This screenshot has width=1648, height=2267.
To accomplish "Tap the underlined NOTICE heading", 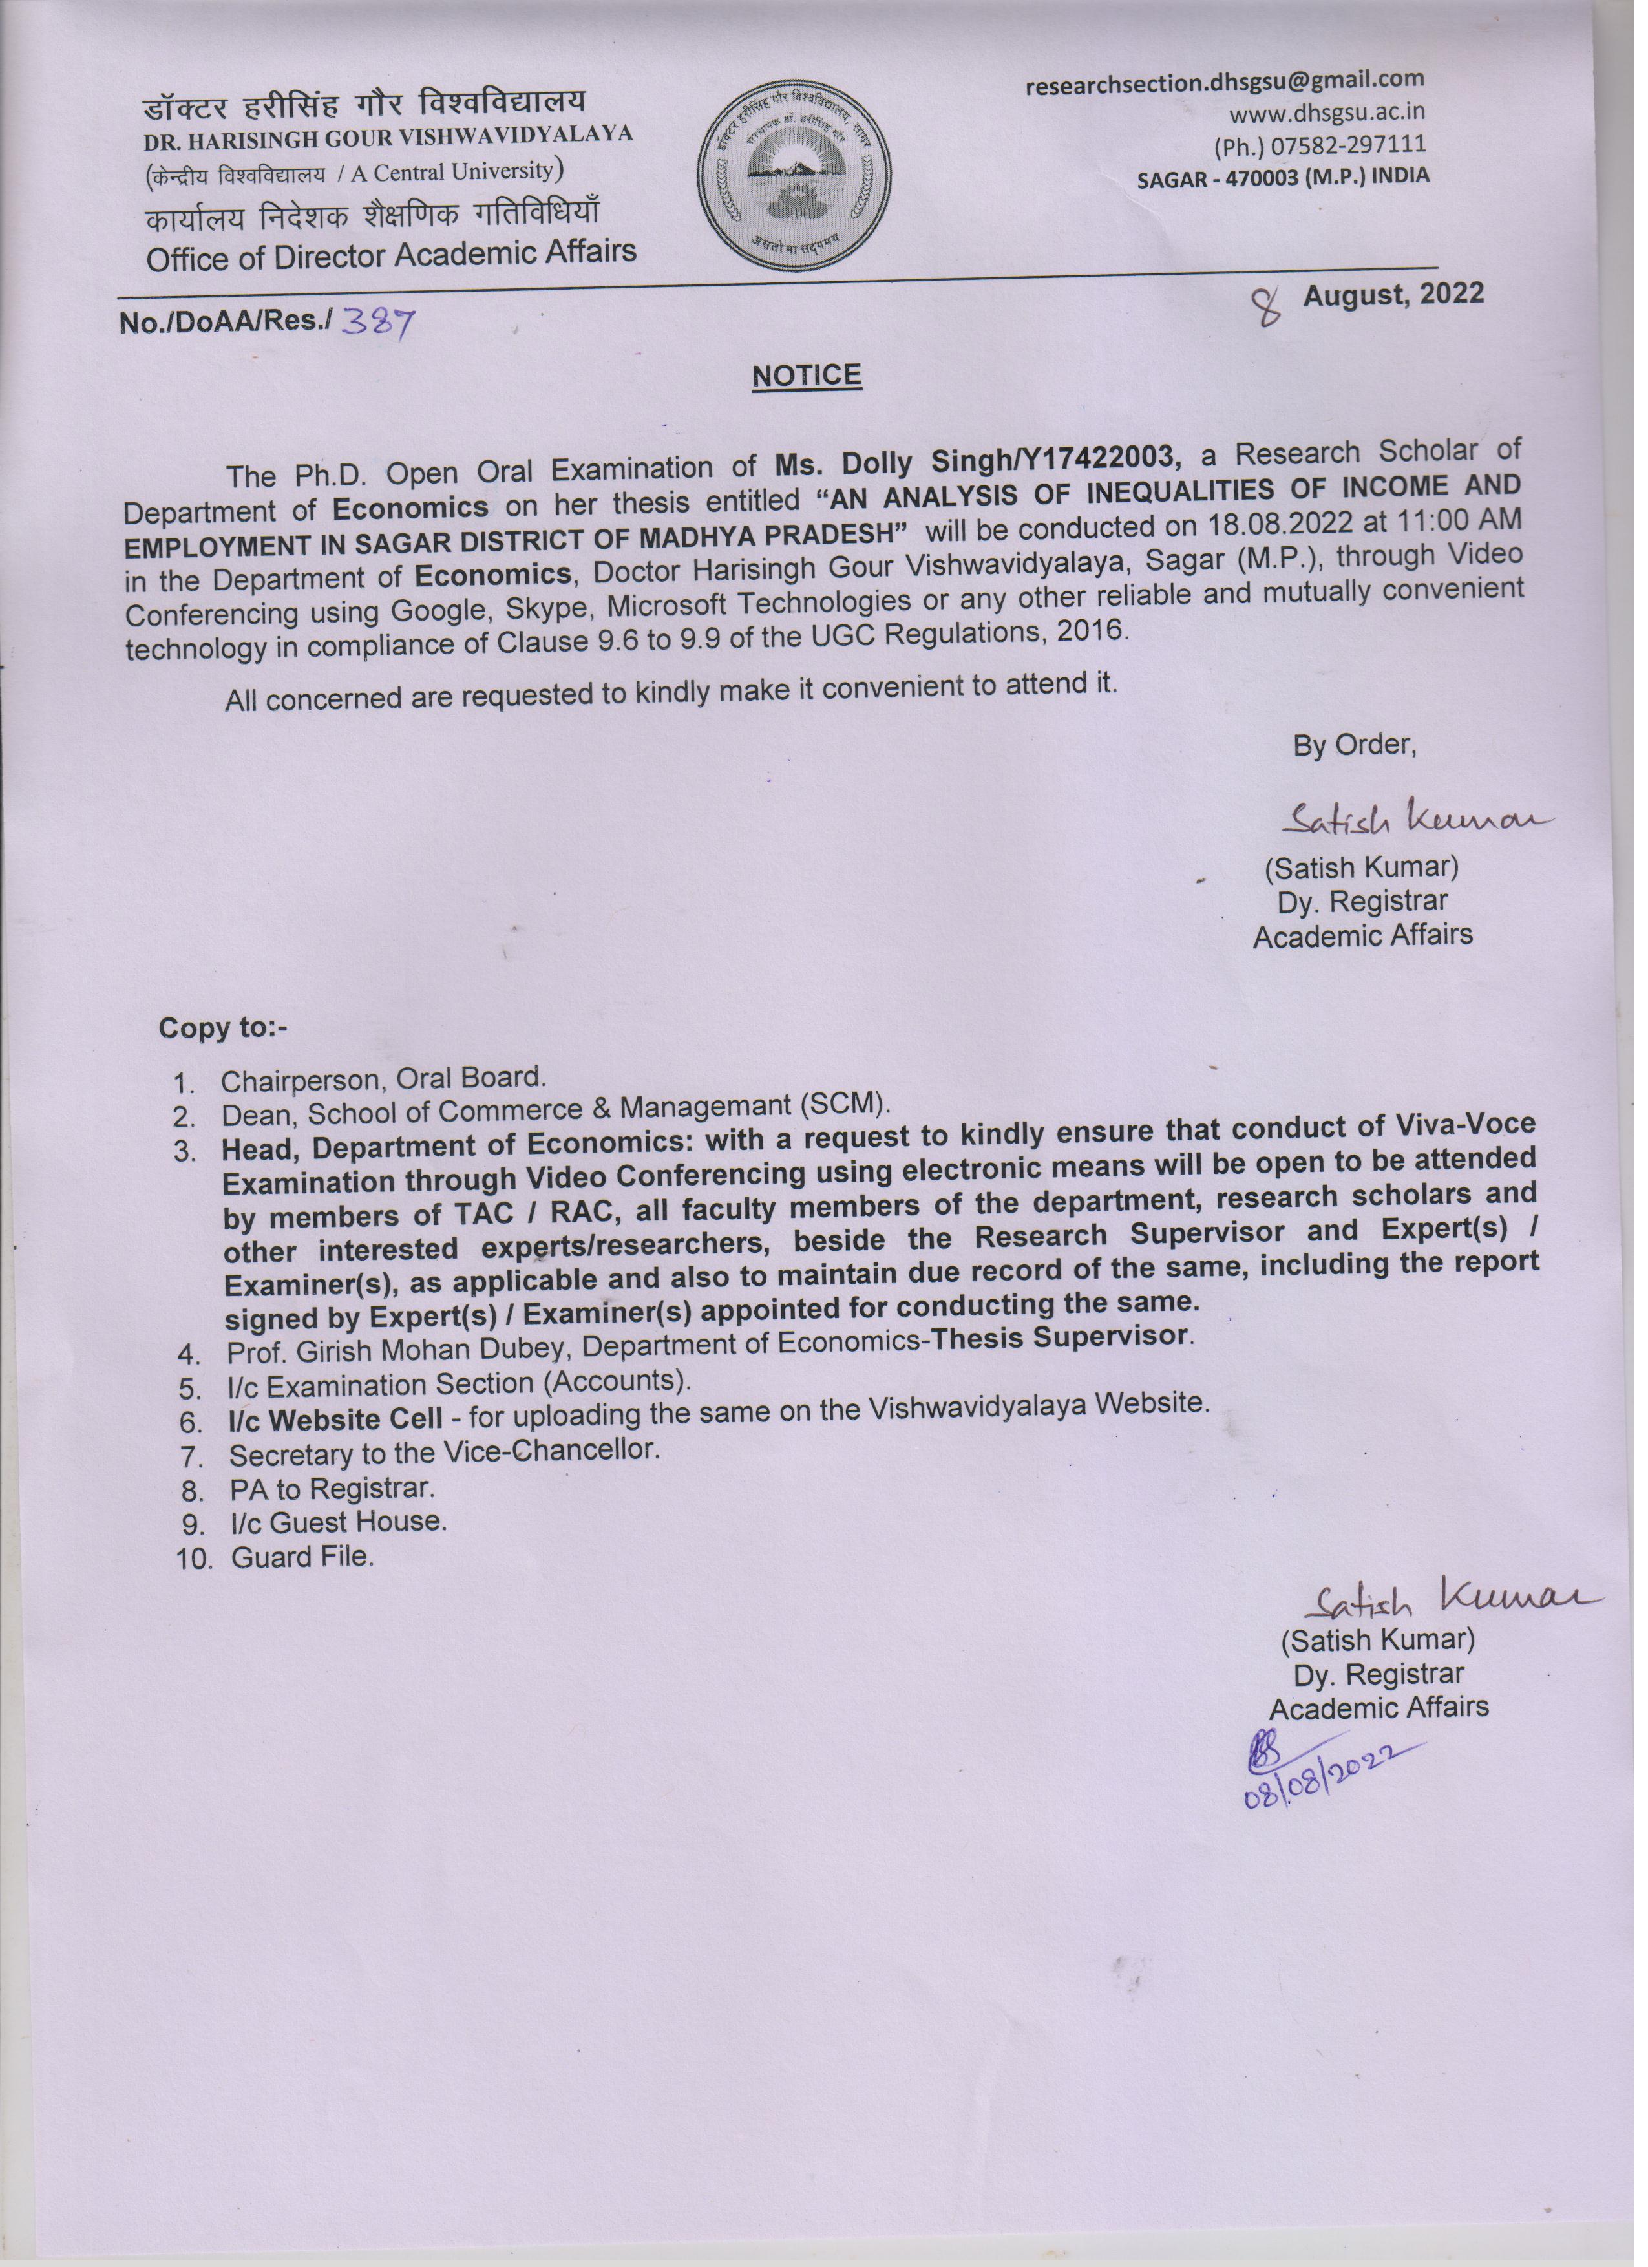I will [x=807, y=376].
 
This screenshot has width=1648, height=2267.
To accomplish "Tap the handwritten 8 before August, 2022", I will [x=1270, y=305].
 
